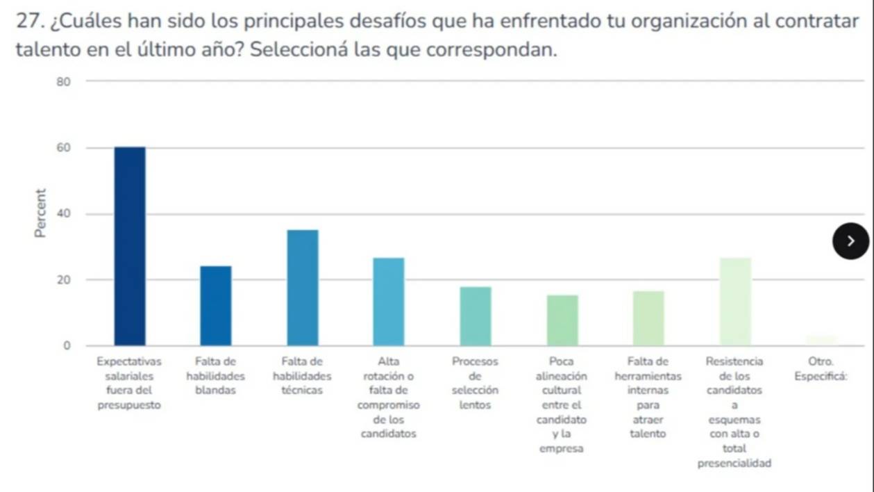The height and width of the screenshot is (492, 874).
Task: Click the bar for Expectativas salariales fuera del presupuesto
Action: pos(130,246)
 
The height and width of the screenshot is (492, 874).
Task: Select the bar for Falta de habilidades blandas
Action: pos(216,306)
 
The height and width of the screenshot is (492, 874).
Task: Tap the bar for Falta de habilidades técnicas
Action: pos(303,288)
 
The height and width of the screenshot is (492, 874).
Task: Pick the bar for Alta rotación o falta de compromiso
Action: pos(389,302)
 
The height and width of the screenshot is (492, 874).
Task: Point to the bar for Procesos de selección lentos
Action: pos(476,316)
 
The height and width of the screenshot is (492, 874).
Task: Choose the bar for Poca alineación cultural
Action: pos(562,320)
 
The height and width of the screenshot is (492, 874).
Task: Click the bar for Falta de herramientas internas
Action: pos(648,318)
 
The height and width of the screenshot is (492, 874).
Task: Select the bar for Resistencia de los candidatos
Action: pos(735,302)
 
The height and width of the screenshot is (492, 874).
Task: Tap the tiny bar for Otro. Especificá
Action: pos(821,341)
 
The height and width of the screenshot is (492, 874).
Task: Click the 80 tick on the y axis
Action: pos(64,82)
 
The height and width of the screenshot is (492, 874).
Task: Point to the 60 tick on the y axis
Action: pos(64,148)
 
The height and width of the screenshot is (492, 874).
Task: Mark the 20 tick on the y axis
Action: pos(64,280)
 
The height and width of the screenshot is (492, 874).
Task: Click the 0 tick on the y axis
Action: pos(67,345)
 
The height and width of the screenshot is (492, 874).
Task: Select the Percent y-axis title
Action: pos(42,213)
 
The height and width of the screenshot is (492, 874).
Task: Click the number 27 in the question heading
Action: pos(26,22)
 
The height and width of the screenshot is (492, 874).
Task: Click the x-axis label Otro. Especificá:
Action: pos(821,369)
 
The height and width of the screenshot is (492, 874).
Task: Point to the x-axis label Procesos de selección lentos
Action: pos(476,383)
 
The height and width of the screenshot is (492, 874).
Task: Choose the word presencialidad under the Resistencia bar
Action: pos(734,464)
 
